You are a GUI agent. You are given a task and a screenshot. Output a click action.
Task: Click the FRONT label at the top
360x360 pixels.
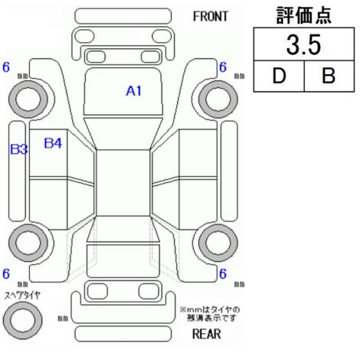210,17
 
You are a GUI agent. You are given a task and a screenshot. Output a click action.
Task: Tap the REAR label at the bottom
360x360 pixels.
206,334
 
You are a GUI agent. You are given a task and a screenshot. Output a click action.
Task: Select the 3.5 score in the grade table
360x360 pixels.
303,45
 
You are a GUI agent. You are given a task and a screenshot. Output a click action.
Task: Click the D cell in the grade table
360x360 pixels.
279,76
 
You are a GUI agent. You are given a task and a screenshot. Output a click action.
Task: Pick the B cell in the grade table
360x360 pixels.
329,76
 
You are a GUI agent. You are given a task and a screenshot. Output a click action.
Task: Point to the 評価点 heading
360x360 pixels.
303,15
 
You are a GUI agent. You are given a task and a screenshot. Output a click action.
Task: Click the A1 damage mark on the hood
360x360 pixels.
133,91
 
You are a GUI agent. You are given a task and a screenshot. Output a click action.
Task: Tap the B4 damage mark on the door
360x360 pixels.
53,143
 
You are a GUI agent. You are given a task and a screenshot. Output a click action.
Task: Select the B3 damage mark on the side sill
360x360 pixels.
18,149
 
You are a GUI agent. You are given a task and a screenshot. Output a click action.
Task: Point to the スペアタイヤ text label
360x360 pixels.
22,296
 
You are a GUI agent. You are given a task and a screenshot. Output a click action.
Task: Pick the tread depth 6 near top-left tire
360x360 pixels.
6,67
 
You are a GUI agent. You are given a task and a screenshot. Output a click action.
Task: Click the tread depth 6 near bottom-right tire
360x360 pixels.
223,274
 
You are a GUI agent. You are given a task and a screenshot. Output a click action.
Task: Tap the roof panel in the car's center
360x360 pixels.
123,183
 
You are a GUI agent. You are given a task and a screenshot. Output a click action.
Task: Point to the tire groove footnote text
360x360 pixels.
210,314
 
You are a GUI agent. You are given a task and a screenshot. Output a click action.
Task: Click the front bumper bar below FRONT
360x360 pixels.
123,16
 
